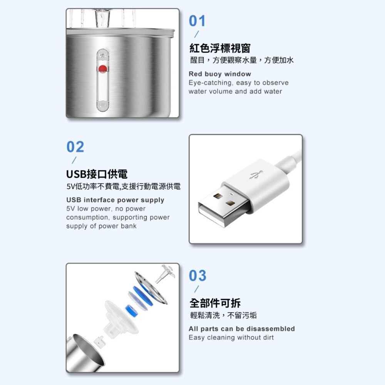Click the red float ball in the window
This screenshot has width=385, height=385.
tap(102, 69)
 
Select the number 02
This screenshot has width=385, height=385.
tap(75, 147)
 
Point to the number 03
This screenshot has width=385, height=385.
tap(198, 276)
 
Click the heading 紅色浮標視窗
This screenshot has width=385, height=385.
tap(220, 48)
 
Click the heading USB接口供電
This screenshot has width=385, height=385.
tap(97, 174)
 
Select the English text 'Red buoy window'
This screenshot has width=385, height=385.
tap(219, 74)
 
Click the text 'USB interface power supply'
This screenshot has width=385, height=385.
tap(115, 200)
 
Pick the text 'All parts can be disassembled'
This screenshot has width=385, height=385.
tap(241, 329)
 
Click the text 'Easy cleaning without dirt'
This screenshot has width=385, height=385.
tap(231, 338)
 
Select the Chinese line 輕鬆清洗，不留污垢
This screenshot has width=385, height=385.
tap(223, 316)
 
